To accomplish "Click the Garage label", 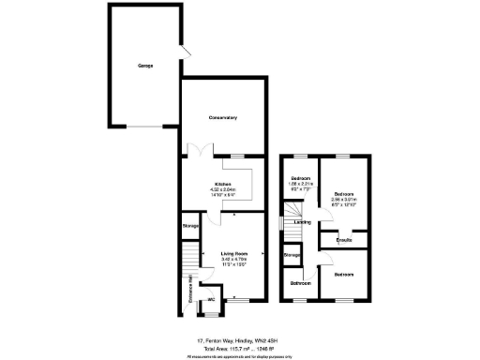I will coord(145,66).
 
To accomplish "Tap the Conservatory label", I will coord(222,118).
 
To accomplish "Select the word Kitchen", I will coord(222,184).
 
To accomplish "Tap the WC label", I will coord(212,300).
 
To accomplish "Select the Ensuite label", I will coord(342,242).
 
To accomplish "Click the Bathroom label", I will coord(300,282).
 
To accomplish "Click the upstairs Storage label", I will coord(292,255).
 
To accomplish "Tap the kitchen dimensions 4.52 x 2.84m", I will coord(223,190).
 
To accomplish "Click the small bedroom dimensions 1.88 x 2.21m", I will coord(300,185).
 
